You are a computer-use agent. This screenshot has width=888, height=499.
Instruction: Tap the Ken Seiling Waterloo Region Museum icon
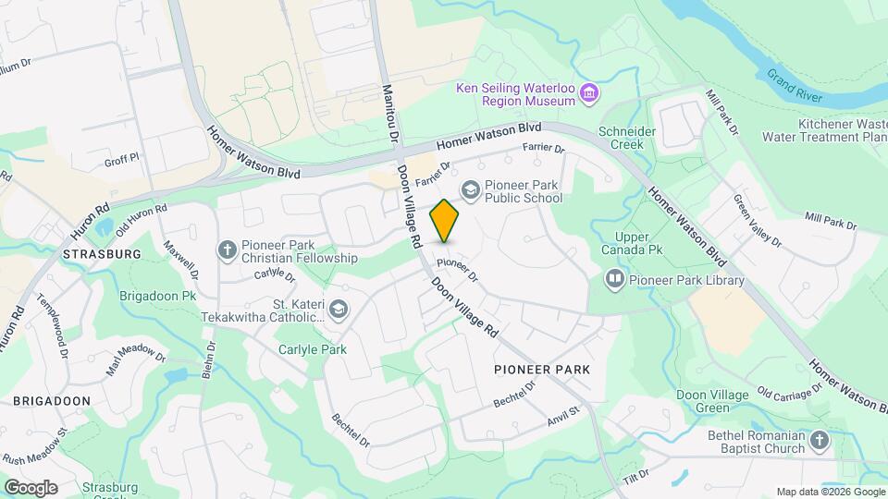point(589,92)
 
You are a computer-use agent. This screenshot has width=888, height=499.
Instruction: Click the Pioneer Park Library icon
point(615,279)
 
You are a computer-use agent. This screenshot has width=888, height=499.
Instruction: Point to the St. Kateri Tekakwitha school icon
point(338,310)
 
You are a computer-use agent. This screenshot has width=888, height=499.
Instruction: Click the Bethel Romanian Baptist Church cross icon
point(820,441)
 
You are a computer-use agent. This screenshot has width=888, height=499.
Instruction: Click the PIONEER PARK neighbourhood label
point(542,370)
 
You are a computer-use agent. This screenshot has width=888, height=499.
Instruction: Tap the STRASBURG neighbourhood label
point(102,253)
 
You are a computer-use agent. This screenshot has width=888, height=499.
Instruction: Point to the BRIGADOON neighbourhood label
point(51,400)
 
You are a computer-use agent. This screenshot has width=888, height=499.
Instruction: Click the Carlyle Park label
point(313,349)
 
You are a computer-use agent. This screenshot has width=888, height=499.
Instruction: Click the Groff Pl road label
point(121,160)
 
